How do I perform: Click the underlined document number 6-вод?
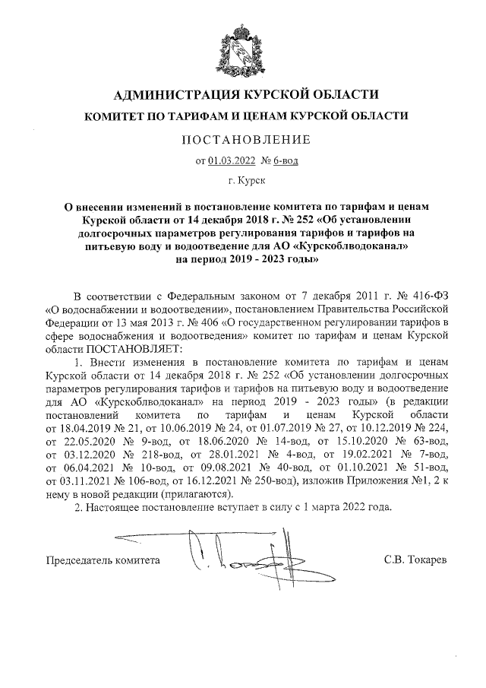[287, 160]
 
